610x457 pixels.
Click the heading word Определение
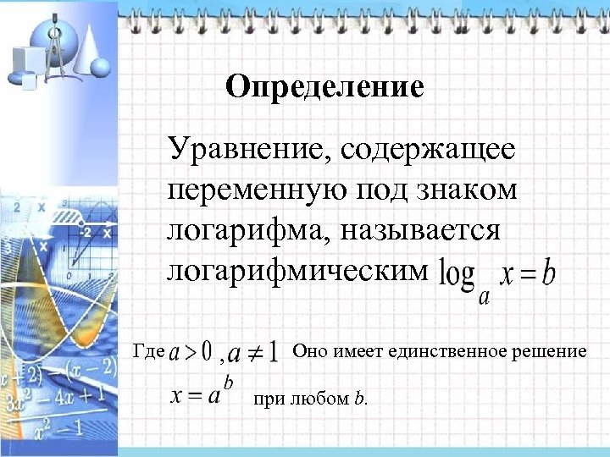click(325, 87)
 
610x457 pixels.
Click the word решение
click(550, 350)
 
